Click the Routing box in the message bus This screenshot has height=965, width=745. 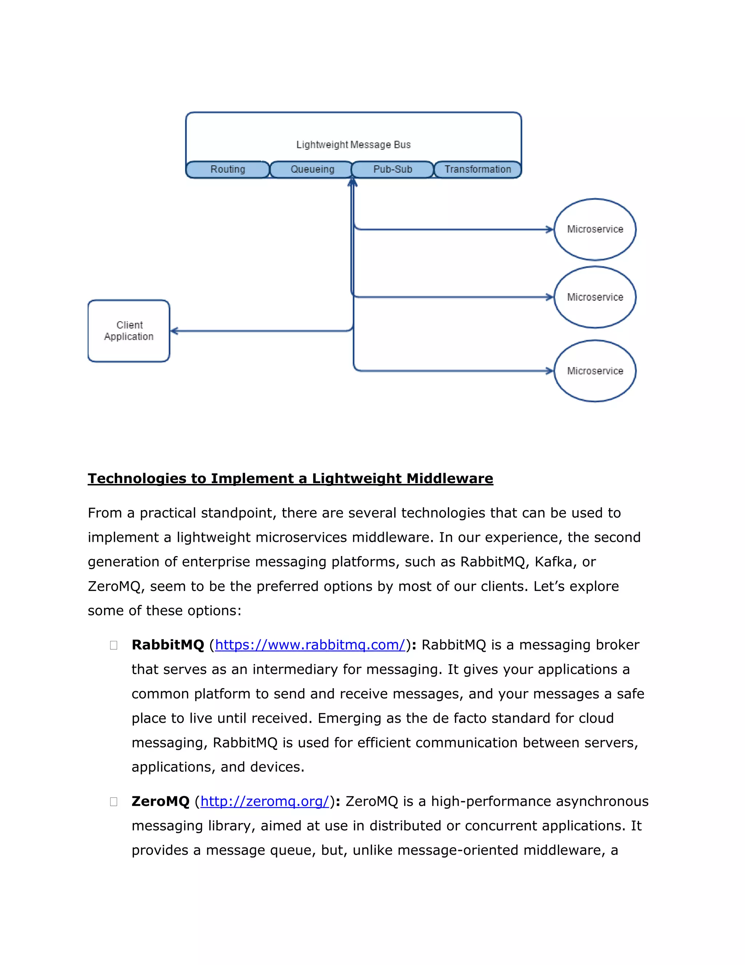click(227, 169)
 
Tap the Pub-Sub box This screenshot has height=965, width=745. click(393, 169)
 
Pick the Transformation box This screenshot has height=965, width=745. click(478, 169)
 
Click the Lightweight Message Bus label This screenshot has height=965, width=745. click(353, 145)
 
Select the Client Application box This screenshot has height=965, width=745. click(129, 331)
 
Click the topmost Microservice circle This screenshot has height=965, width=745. click(594, 229)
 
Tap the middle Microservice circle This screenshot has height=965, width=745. click(594, 297)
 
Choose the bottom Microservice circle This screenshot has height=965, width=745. click(594, 371)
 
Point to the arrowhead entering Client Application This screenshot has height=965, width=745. click(174, 331)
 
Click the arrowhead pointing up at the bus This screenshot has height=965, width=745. click(352, 182)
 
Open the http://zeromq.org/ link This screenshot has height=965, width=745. click(265, 801)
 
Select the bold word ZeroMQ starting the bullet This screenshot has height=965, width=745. click(160, 801)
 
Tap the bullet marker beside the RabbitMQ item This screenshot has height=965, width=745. click(113, 645)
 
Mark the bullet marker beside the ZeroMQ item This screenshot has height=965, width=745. click(113, 801)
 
